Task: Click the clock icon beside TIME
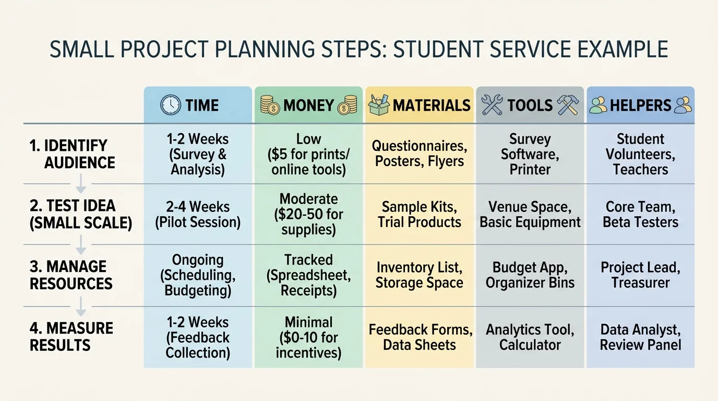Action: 171,105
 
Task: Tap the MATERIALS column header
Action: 432,105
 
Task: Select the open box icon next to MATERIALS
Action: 379,104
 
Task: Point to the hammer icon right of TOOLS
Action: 568,105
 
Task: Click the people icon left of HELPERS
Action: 598,105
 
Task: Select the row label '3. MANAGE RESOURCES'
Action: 71,275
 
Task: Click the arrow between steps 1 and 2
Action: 81,184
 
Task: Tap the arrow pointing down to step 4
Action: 81,307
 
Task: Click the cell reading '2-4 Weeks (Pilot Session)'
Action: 198,215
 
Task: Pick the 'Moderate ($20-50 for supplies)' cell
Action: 308,214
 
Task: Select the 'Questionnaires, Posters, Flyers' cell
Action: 420,154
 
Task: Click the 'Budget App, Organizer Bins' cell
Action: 530,275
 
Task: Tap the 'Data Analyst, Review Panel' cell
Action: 640,337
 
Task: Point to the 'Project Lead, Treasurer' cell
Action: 640,275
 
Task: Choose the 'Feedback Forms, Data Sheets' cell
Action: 420,337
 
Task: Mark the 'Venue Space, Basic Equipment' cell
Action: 530,214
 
